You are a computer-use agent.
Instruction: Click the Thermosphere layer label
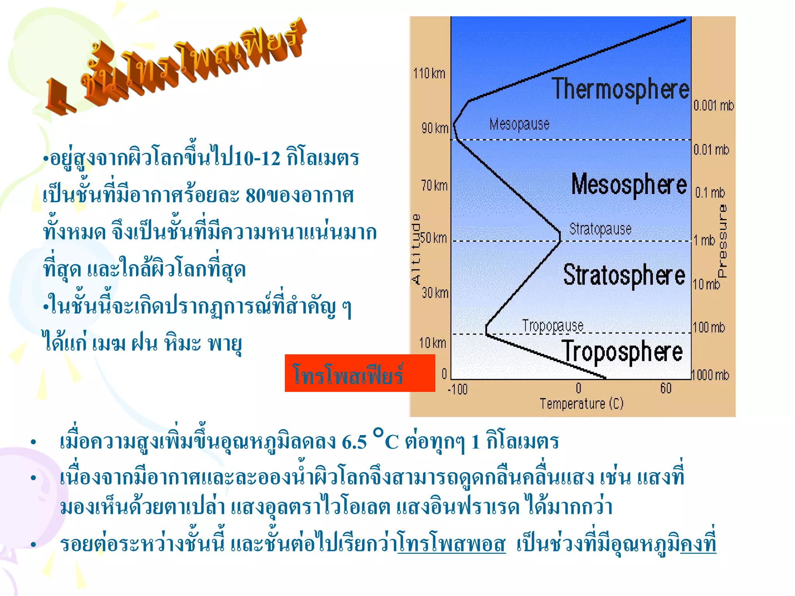click(x=620, y=89)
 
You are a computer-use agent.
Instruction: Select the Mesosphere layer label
click(x=629, y=185)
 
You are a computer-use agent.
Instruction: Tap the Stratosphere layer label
click(x=624, y=275)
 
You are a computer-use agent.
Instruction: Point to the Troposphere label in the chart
click(x=622, y=352)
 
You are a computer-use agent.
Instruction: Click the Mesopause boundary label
click(x=519, y=125)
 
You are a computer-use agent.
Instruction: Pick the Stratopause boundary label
click(x=600, y=229)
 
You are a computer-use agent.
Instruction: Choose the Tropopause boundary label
click(x=552, y=326)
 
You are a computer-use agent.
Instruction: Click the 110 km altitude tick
click(x=429, y=73)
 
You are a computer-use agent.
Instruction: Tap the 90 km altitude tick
click(x=435, y=128)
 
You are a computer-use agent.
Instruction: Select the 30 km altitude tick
click(x=435, y=293)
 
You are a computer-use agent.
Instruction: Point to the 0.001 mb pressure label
click(x=713, y=106)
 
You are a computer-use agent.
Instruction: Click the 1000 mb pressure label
click(x=710, y=375)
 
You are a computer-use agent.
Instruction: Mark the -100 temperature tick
click(x=458, y=389)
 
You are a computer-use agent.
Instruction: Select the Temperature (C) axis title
click(x=581, y=404)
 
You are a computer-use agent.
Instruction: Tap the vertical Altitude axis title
click(x=416, y=249)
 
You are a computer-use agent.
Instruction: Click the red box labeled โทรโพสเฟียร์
click(x=359, y=373)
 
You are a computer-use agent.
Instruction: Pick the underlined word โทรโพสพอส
click(x=451, y=544)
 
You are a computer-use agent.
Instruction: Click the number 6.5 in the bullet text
click(x=354, y=442)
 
